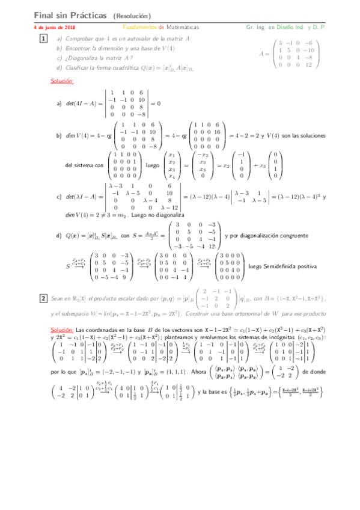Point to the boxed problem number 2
pos(43,298)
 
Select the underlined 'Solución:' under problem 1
pos(62,81)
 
